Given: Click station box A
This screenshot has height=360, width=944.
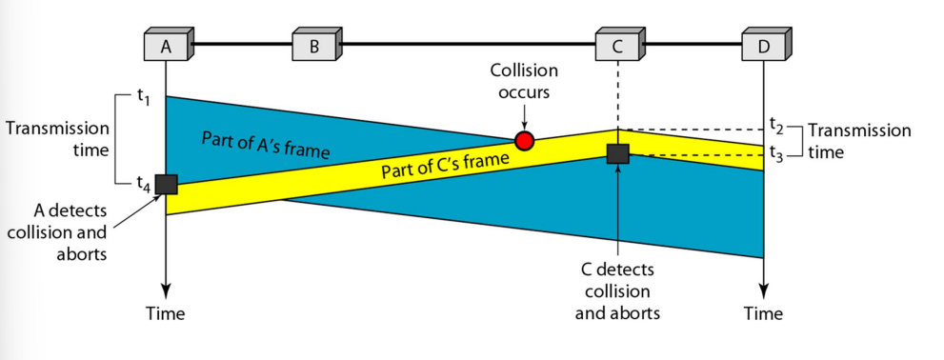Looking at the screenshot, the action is (x=169, y=45).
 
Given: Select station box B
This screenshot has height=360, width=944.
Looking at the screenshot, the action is (x=316, y=45).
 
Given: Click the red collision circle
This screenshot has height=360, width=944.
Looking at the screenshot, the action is (x=524, y=141).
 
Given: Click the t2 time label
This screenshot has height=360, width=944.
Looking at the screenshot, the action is (x=776, y=124).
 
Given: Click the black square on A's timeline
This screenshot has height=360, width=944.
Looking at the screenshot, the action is (x=166, y=184).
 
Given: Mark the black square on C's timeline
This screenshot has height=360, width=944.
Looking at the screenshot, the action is (x=617, y=153).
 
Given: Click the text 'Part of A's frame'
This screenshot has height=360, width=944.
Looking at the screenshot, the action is (x=266, y=147).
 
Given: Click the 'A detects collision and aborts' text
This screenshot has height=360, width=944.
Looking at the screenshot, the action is (x=58, y=232).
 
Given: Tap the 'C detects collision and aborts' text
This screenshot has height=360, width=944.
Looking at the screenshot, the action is (x=617, y=291).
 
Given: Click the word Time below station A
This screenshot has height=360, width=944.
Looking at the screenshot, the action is (x=165, y=313).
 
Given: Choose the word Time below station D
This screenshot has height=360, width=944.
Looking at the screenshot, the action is (x=763, y=313).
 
